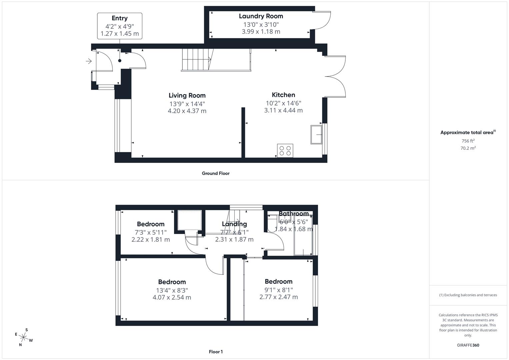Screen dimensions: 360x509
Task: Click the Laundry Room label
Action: pyautogui.click(x=261, y=16)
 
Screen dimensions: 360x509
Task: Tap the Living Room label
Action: pyautogui.click(x=187, y=95)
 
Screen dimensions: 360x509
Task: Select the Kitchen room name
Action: pyautogui.click(x=283, y=95)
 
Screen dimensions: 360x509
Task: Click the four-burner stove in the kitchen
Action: pyautogui.click(x=285, y=151)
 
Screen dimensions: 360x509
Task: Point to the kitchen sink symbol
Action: pyautogui.click(x=316, y=134)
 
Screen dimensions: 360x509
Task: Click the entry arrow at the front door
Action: pyautogui.click(x=89, y=61)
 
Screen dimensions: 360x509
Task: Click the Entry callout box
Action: pyautogui.click(x=120, y=26)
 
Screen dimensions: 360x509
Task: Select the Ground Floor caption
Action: pyautogui.click(x=216, y=173)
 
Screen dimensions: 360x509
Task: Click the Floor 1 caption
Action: pyautogui.click(x=216, y=352)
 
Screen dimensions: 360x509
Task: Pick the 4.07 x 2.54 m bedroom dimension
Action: pyautogui.click(x=172, y=297)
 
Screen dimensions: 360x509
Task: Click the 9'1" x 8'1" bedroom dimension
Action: pyautogui.click(x=278, y=290)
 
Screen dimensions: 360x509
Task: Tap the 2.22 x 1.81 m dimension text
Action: pyautogui.click(x=151, y=239)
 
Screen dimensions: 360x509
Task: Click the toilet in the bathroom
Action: pyautogui.click(x=272, y=223)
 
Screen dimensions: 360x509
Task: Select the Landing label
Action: pyautogui.click(x=234, y=224)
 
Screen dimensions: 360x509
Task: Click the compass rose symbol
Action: pyautogui.click(x=24, y=337)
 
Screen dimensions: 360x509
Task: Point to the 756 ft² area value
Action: pyautogui.click(x=468, y=141)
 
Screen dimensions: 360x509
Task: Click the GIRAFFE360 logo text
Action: pyautogui.click(x=468, y=345)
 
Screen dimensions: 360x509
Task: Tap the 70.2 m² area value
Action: pyautogui.click(x=468, y=148)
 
